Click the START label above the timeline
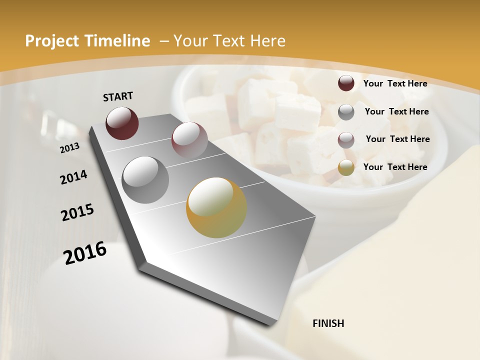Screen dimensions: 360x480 tap(118, 96)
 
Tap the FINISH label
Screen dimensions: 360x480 tap(328, 323)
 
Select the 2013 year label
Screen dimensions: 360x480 tap(69, 148)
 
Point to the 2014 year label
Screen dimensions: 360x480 tap(73, 177)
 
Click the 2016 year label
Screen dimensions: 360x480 tap(85, 252)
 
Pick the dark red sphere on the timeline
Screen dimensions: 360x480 tap(122, 123)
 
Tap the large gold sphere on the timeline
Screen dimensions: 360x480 tap(216, 207)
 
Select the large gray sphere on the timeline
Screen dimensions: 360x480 tap(145, 179)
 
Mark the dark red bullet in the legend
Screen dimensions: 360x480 tap(346, 83)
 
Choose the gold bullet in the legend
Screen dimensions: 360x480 tap(346, 167)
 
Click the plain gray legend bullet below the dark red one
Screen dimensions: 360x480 tap(346, 112)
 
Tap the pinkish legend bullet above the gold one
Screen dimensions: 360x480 tap(346, 140)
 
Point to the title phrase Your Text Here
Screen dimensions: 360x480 tap(229, 41)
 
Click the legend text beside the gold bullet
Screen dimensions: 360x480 tap(395, 167)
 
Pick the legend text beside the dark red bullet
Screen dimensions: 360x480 tap(395, 83)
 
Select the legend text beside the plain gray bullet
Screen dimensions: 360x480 tap(396, 111)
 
